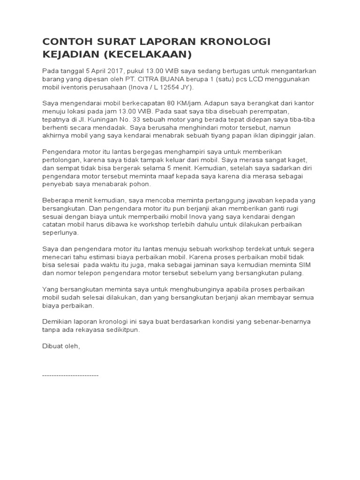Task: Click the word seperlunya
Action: tap(61, 232)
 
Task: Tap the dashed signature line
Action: tap(70, 376)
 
